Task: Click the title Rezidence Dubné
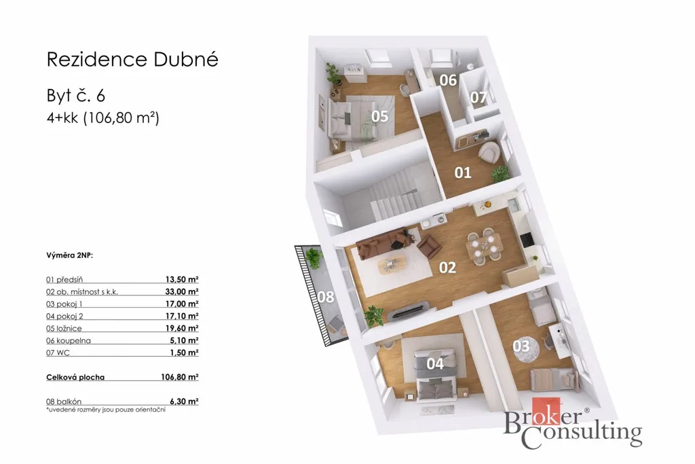pyautogui.click(x=132, y=59)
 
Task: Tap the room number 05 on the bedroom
pyautogui.click(x=379, y=116)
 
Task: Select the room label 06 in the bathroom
pyautogui.click(x=448, y=80)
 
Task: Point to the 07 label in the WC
pyautogui.click(x=478, y=97)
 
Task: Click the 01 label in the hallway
pyautogui.click(x=463, y=173)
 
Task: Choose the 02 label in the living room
pyautogui.click(x=447, y=268)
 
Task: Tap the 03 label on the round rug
pyautogui.click(x=521, y=346)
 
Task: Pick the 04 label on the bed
pyautogui.click(x=435, y=363)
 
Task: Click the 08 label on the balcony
pyautogui.click(x=326, y=297)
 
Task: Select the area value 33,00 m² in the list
pyautogui.click(x=182, y=292)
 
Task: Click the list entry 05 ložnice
pyautogui.click(x=64, y=328)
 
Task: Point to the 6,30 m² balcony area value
pyautogui.click(x=184, y=401)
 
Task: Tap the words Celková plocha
pyautogui.click(x=75, y=378)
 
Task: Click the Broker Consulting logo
pyautogui.click(x=573, y=423)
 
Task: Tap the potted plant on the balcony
pyautogui.click(x=313, y=257)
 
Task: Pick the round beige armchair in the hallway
pyautogui.click(x=490, y=151)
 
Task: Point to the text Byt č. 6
pyautogui.click(x=76, y=96)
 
